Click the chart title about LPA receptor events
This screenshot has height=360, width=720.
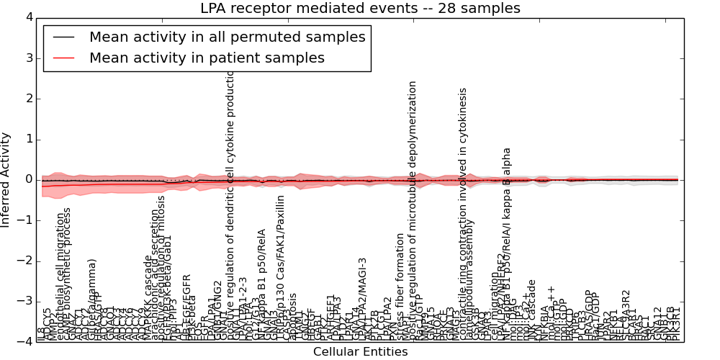360,9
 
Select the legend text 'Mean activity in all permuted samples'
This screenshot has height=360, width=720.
228,37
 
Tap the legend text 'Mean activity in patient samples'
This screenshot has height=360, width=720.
207,58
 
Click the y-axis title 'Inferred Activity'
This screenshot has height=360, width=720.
6,179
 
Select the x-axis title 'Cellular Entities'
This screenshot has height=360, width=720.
360,352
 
